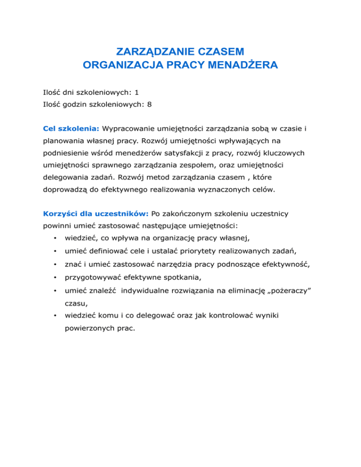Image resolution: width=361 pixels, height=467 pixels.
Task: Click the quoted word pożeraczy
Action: pos(290,292)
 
